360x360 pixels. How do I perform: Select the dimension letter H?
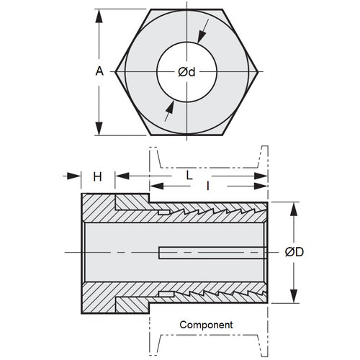click(x=97, y=176)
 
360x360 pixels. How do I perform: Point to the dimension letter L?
click(x=189, y=175)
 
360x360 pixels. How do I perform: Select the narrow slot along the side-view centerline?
click(x=209, y=252)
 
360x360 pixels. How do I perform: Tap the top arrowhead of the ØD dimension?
click(x=293, y=207)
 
